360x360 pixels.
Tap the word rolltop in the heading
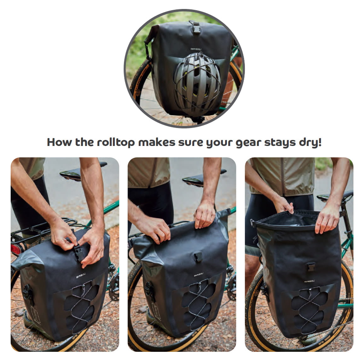(x=116, y=142)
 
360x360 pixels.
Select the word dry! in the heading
(x=310, y=142)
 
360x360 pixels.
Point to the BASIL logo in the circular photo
(x=195, y=49)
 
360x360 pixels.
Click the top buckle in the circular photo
(x=196, y=27)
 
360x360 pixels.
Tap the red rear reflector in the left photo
(x=15, y=249)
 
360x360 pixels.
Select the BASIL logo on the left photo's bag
(x=81, y=276)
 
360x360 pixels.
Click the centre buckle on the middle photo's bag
(x=198, y=256)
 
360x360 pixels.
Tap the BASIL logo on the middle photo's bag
(x=199, y=275)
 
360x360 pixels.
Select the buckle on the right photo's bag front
(x=311, y=267)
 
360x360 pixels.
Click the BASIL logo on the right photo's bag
(x=309, y=281)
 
